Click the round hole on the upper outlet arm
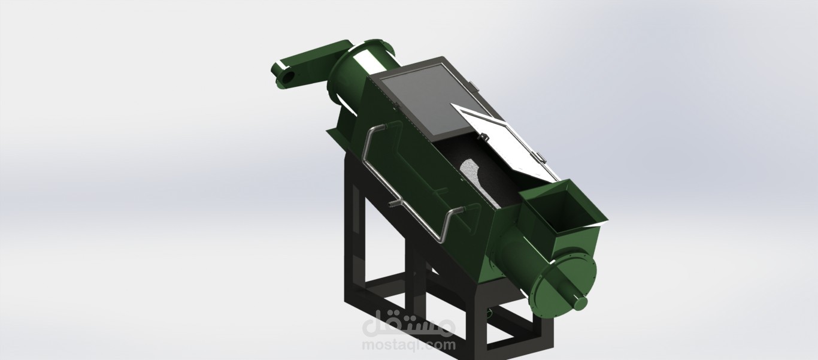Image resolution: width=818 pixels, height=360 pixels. click(x=289, y=77)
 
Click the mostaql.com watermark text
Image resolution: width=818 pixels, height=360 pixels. click(x=409, y=344)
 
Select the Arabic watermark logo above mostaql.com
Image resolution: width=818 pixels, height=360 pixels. click(x=409, y=323)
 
